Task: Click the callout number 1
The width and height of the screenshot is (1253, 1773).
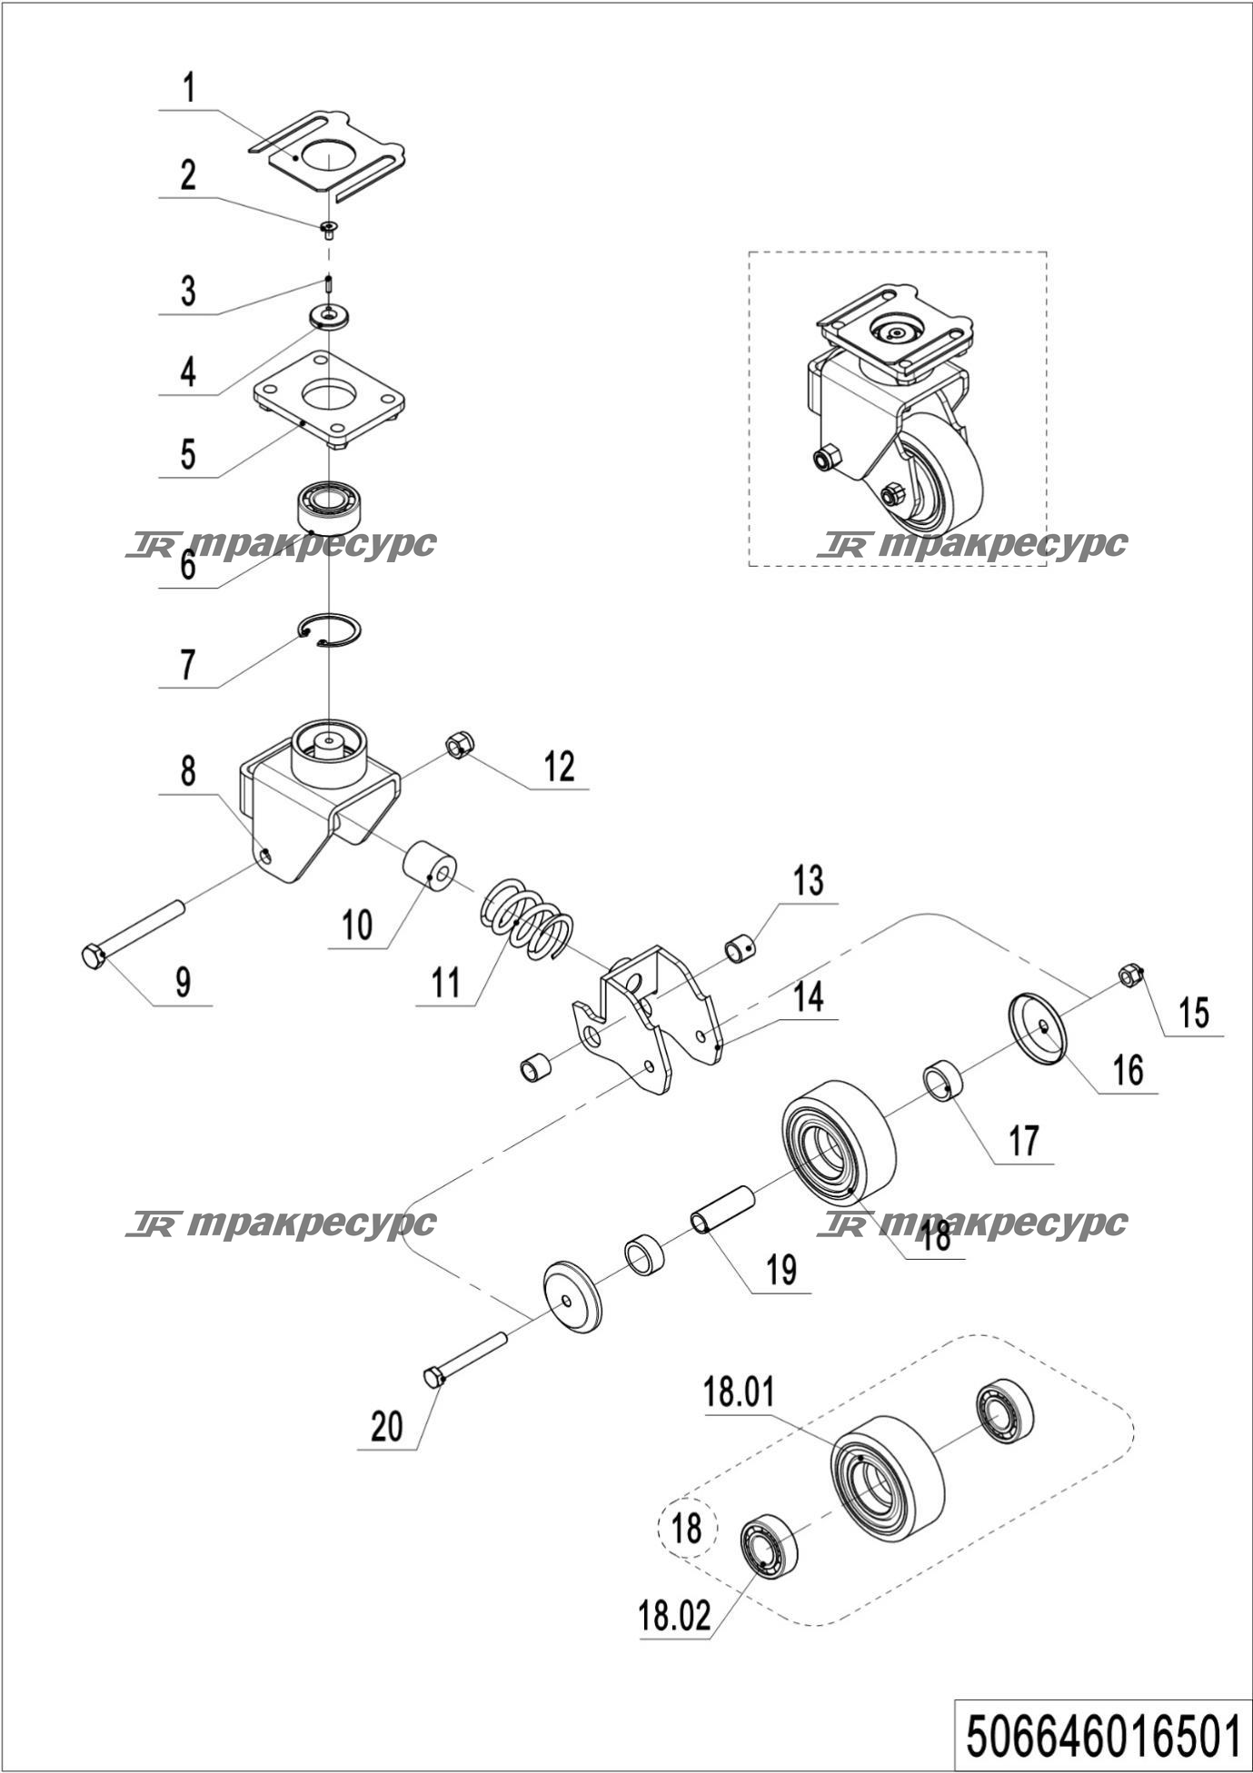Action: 189,89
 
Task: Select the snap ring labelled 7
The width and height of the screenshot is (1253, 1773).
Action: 331,629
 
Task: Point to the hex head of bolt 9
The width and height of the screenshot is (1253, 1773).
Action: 93,956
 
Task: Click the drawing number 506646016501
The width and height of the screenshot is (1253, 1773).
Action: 1103,1736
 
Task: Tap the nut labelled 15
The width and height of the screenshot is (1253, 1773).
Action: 1129,976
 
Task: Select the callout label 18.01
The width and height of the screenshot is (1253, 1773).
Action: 739,1392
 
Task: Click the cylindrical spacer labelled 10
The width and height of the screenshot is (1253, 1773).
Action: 430,866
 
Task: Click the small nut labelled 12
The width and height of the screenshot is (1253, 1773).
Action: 460,745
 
